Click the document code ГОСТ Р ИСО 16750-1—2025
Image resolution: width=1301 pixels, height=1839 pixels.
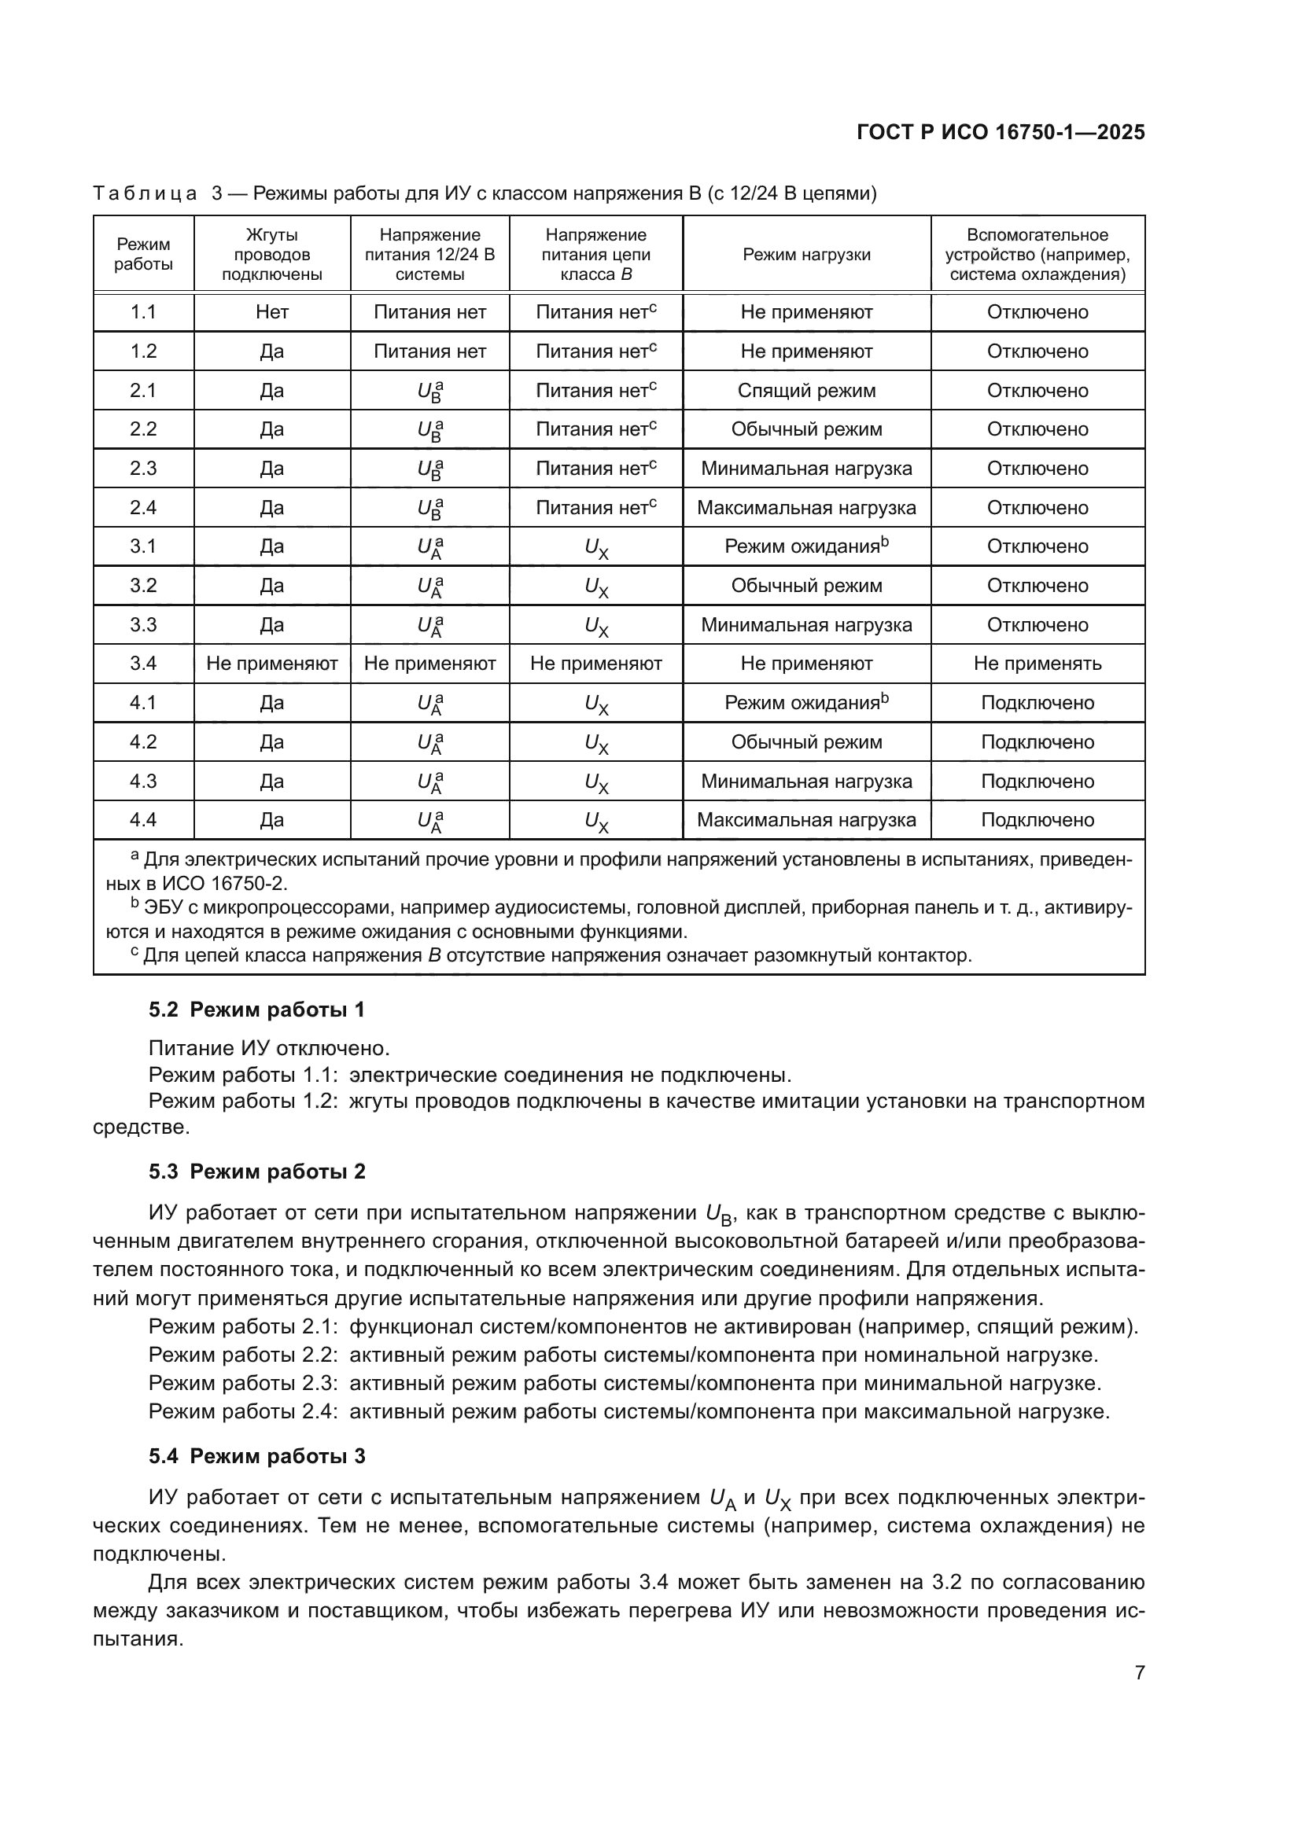point(1001,132)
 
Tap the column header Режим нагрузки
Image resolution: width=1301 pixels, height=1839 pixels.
point(806,255)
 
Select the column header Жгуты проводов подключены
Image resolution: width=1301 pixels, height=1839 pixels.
point(271,255)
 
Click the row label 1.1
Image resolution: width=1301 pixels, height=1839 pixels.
point(143,312)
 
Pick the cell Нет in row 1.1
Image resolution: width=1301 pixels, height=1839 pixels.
point(271,312)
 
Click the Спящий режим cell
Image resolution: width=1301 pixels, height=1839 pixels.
point(806,391)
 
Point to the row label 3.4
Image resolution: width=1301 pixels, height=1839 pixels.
point(143,664)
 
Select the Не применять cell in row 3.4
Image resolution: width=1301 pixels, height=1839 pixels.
point(1037,664)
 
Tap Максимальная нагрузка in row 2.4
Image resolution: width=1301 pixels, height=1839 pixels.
point(806,508)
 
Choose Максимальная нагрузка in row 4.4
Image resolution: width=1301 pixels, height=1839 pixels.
point(806,820)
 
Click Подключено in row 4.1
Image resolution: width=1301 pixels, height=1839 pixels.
point(1037,702)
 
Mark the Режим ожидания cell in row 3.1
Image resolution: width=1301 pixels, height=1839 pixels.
point(806,546)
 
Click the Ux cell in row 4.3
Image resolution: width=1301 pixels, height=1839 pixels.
point(596,782)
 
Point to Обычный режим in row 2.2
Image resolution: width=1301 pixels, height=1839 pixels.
point(806,429)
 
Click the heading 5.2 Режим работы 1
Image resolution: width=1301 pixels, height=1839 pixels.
point(256,1010)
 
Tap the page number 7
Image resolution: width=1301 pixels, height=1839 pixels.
point(1139,1673)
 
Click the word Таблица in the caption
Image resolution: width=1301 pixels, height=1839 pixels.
point(145,194)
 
